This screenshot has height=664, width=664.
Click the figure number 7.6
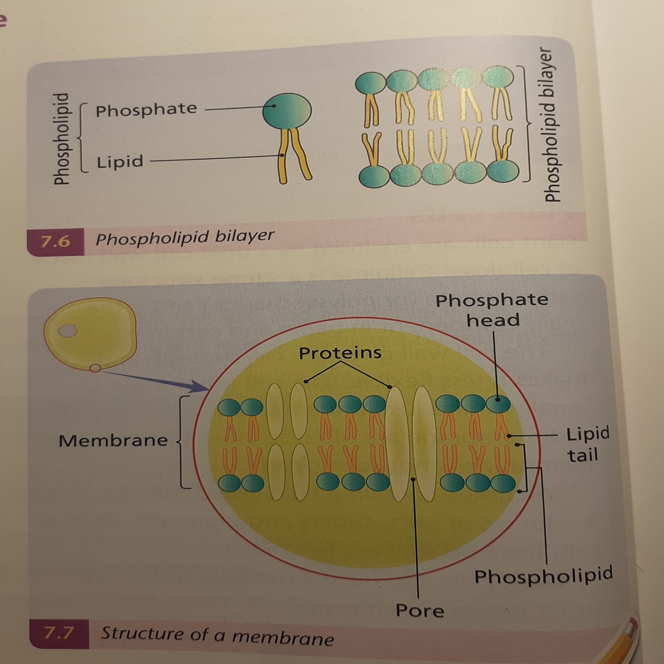click(55, 241)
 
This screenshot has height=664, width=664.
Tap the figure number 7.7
click(59, 633)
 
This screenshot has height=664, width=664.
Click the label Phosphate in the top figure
click(146, 110)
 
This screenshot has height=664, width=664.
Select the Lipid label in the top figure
click(120, 162)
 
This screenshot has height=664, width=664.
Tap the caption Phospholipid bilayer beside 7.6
click(185, 237)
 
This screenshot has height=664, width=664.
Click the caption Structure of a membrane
click(217, 636)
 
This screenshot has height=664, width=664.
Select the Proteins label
click(340, 353)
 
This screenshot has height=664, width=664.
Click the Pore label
click(420, 610)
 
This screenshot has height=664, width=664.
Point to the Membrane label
click(113, 441)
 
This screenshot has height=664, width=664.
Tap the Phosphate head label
click(492, 310)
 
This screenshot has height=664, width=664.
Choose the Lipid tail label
click(587, 444)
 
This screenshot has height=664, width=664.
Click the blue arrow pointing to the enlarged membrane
click(159, 379)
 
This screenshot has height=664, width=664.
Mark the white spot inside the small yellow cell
click(67, 331)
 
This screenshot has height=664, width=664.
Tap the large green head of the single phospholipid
click(287, 111)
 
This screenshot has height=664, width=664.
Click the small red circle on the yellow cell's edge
click(95, 368)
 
